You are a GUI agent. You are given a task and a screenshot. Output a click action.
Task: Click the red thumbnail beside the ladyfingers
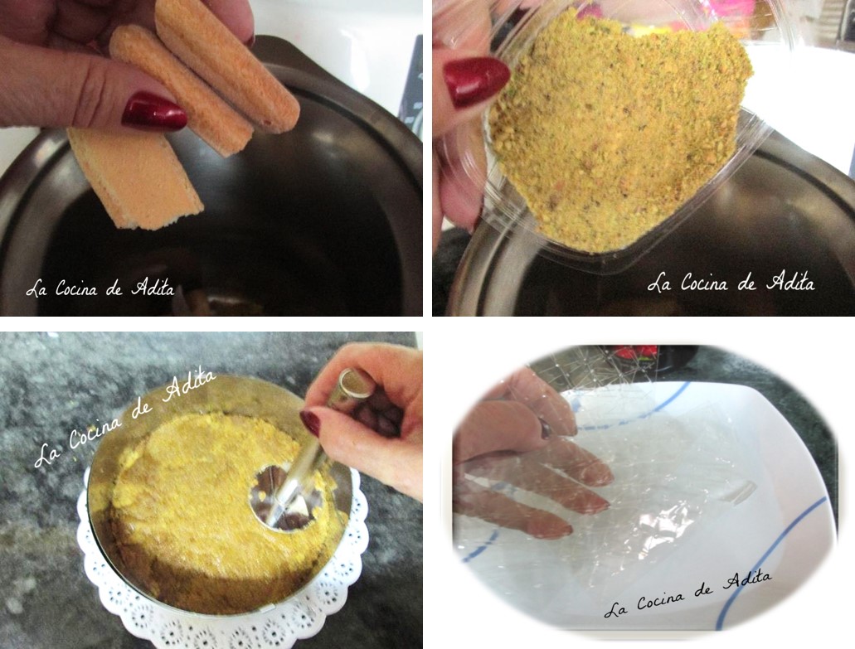tap(154, 112)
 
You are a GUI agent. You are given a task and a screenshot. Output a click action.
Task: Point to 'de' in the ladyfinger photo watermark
tap(114, 289)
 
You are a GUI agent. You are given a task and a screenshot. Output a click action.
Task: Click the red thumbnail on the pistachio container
tap(476, 82)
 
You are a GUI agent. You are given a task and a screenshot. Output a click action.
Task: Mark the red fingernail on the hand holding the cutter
tap(309, 424)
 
